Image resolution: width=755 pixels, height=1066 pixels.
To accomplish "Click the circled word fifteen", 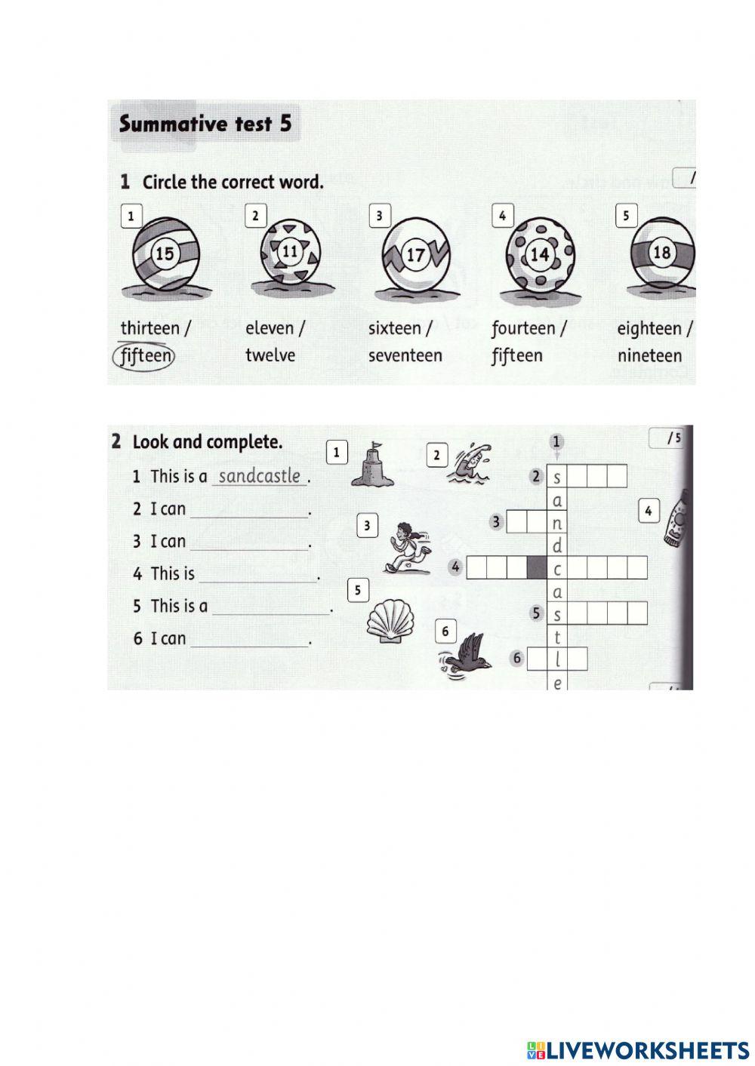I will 143,355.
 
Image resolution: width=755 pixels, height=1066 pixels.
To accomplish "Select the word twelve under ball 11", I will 270,355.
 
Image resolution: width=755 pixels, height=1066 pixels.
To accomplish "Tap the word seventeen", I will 405,355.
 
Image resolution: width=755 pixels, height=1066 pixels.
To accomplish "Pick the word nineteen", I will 649,355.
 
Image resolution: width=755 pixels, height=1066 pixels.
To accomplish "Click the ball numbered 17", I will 415,255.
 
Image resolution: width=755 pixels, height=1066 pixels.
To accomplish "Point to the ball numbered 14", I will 539,255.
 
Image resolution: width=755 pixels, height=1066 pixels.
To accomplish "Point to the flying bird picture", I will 465,653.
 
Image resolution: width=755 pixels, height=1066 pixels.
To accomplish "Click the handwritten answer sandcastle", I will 260,476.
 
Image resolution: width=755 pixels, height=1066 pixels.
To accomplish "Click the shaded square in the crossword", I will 536,567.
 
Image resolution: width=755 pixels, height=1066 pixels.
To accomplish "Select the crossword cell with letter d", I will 557,545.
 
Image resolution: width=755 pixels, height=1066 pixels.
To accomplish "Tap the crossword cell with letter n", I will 557,522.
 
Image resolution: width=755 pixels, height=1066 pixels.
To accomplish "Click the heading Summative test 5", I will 205,124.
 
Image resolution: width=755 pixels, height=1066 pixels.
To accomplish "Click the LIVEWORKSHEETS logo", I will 638,1049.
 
